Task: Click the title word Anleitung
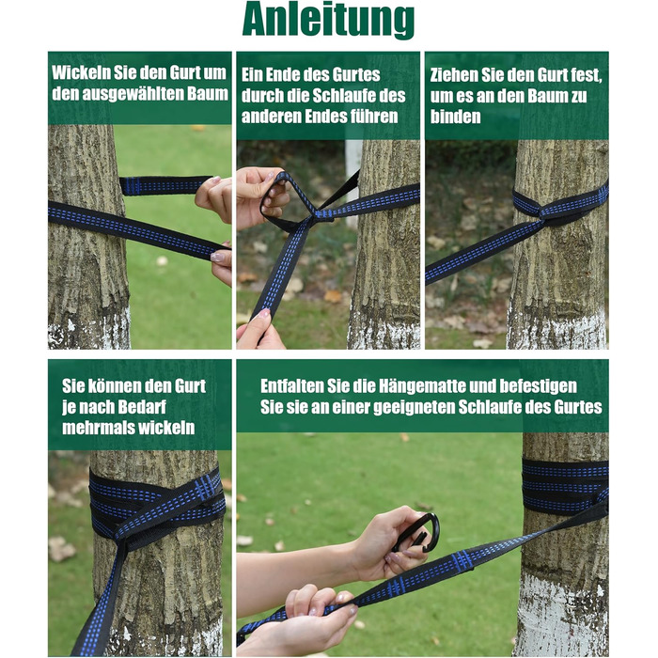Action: [329, 19]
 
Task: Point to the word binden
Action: [455, 117]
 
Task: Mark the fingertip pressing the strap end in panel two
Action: [264, 313]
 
